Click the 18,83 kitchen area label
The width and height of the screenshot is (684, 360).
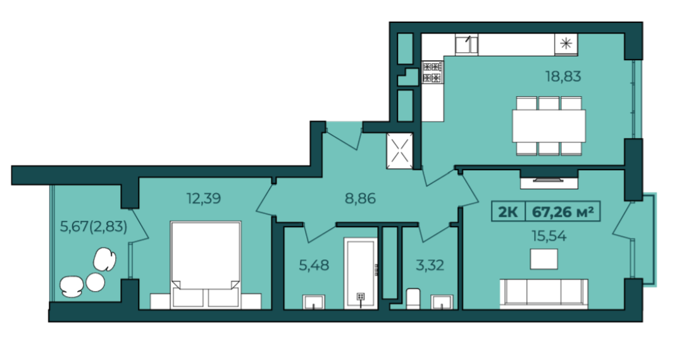coord(563,77)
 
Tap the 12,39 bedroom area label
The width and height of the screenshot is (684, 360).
coord(204,199)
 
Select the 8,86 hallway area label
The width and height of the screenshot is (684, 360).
coord(360,199)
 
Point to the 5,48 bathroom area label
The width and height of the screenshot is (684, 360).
coord(314,265)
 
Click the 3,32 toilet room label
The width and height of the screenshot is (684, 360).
coord(430,265)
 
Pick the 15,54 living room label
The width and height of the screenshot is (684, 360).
coord(549,236)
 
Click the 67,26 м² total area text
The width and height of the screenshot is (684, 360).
coord(563,212)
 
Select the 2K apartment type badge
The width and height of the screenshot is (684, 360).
coord(508,212)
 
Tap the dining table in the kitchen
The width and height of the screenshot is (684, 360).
coord(549,126)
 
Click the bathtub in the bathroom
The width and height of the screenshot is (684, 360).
coord(360,273)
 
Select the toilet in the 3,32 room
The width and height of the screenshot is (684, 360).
coord(413,299)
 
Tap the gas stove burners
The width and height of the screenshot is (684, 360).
coord(432,72)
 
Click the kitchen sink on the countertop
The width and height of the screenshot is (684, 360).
coord(466,45)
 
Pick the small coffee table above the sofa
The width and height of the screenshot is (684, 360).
coord(544,259)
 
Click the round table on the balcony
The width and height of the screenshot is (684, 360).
coord(95,282)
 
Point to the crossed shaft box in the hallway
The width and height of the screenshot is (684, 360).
coord(400,151)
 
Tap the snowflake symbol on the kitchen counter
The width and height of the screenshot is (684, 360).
coord(566,44)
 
